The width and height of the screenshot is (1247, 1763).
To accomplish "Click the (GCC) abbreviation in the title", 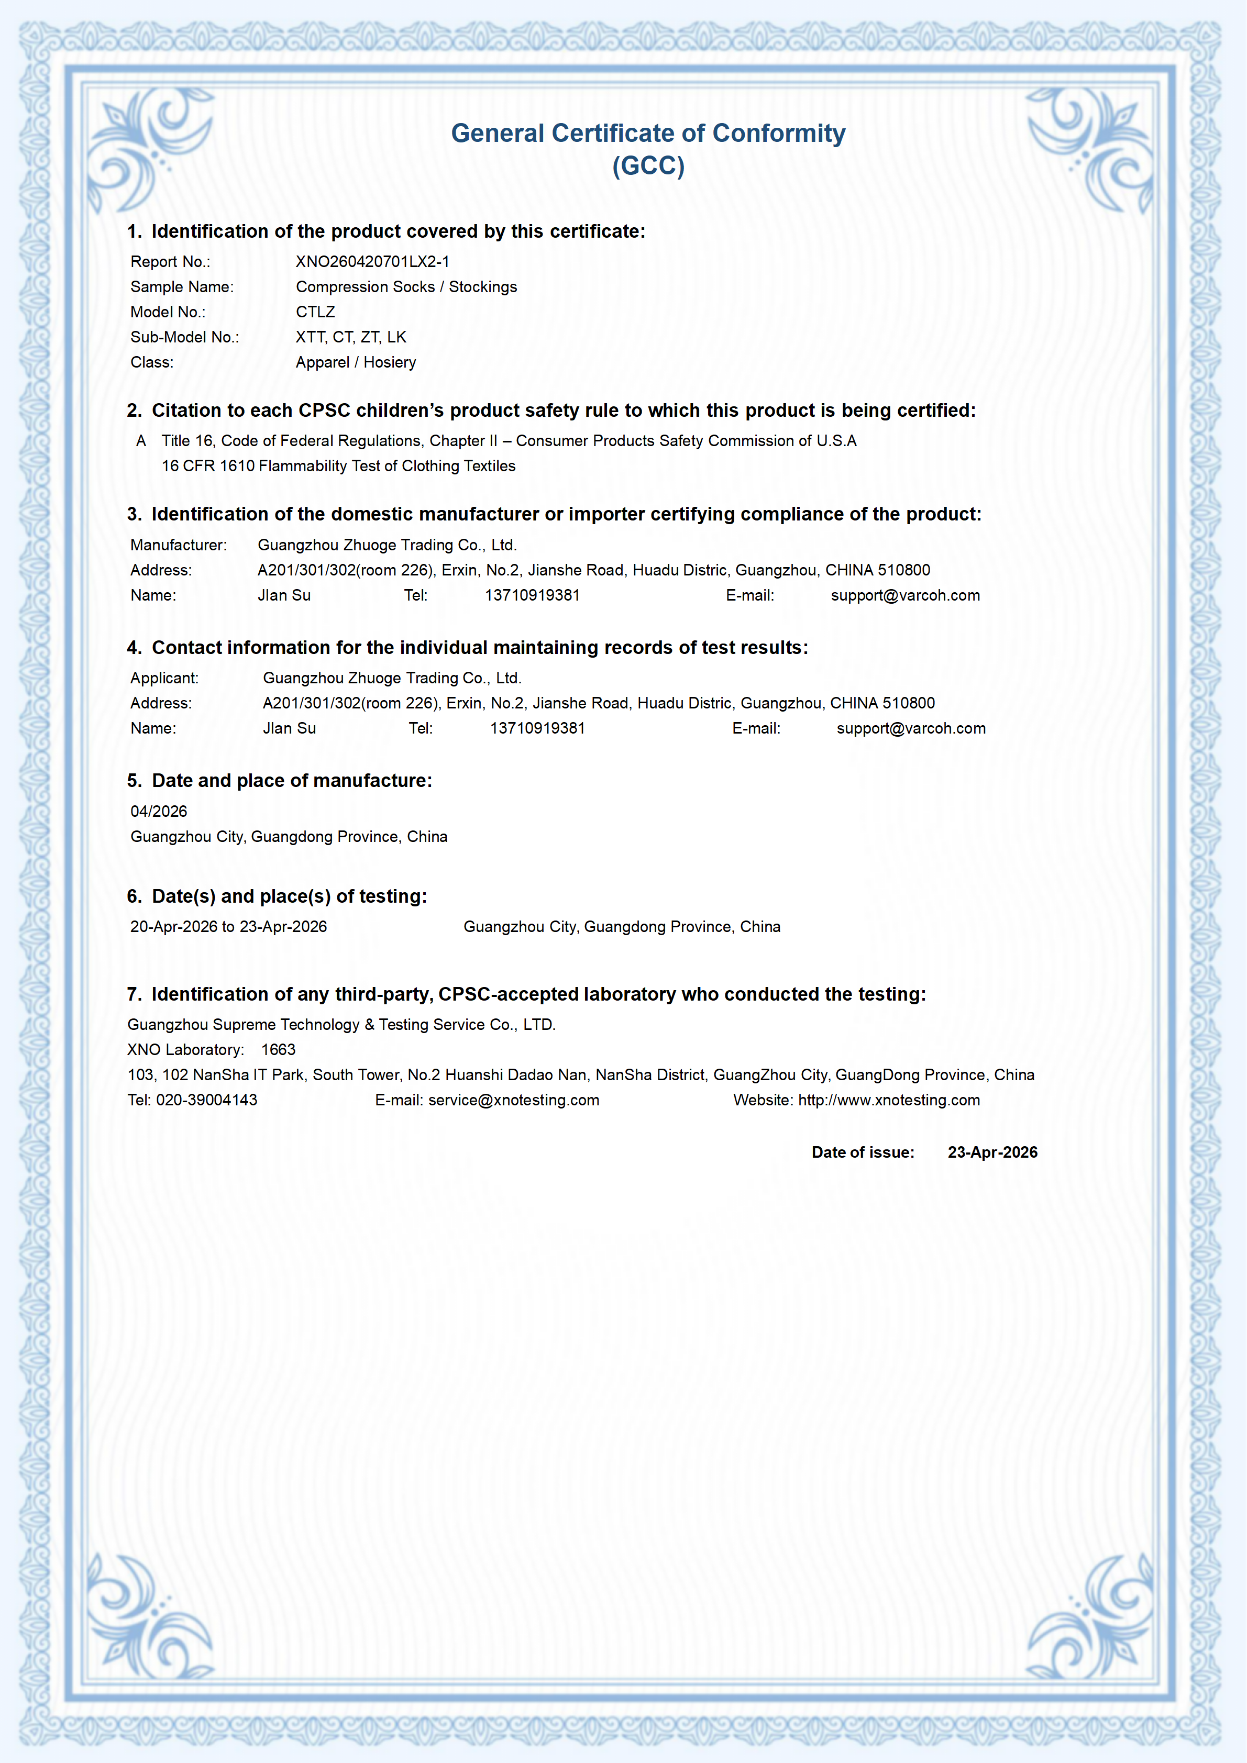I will (x=647, y=166).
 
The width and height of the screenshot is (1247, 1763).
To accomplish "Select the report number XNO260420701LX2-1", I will (x=372, y=262).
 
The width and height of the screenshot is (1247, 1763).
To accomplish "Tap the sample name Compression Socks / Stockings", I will (x=406, y=287).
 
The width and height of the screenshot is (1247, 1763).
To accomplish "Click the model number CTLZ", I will (x=316, y=312).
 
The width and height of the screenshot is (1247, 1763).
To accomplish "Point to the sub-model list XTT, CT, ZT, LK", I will (x=351, y=337).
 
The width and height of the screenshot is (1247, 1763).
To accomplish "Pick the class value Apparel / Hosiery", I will (x=356, y=362).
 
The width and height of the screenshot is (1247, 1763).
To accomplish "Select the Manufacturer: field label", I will (x=178, y=545).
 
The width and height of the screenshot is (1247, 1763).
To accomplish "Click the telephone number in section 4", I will (x=537, y=728).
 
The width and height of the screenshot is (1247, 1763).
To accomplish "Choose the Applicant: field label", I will (x=164, y=678).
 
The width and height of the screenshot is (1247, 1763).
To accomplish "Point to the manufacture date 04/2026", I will (x=159, y=812).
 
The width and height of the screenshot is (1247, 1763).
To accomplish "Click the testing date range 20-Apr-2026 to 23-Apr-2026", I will (x=228, y=927).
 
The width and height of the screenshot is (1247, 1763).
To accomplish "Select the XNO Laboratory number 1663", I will (x=278, y=1050).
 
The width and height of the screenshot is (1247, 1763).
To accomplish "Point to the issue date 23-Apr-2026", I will (x=992, y=1152).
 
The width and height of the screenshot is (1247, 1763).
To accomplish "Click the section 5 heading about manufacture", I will (x=280, y=781).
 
